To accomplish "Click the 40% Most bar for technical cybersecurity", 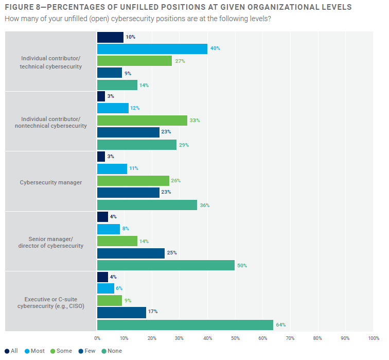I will click(152, 49).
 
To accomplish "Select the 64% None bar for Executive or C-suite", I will click(185, 325).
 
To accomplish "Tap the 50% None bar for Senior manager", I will click(166, 265).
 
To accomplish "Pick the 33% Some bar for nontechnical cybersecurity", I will click(142, 121).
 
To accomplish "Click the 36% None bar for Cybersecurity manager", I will click(147, 205).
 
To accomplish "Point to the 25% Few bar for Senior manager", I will click(131, 253).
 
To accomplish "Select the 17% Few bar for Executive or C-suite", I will click(121, 313).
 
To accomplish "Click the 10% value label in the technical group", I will click(130, 37).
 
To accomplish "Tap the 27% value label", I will click(180, 61).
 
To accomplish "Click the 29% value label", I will click(184, 145).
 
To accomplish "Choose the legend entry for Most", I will click(34, 351).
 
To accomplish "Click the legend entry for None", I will click(112, 351).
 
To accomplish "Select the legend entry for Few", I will click(87, 351).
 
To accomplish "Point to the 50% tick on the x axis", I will click(235, 338).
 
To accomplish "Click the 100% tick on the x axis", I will click(373, 338).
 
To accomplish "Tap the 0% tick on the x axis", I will click(97, 338).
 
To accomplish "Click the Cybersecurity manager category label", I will click(51, 182).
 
